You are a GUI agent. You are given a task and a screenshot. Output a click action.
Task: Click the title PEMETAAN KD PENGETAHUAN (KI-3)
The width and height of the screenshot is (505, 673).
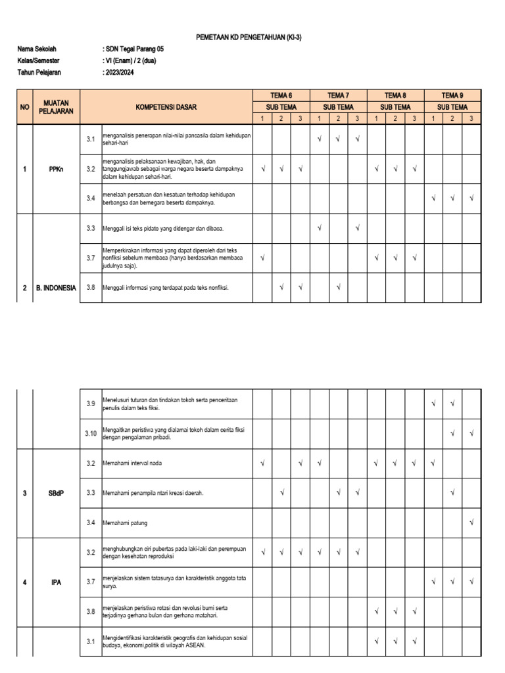(x=249, y=39)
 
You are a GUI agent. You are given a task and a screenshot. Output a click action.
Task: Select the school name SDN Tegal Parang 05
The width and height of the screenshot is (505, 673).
(x=134, y=49)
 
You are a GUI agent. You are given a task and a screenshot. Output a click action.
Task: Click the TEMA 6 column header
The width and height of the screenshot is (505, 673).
(x=281, y=95)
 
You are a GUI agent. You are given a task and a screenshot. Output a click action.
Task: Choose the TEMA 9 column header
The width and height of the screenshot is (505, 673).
(x=452, y=95)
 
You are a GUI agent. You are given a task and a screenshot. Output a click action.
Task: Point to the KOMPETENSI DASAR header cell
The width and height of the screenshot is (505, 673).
(x=166, y=106)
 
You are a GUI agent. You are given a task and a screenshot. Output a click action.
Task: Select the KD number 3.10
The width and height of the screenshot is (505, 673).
(x=90, y=433)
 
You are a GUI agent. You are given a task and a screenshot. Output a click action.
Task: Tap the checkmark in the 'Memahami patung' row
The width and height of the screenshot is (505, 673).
(x=471, y=522)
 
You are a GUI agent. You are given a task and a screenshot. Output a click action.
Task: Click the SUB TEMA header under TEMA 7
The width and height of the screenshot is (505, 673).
(x=338, y=106)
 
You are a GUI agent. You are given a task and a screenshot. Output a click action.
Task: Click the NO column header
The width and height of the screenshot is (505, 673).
(x=24, y=106)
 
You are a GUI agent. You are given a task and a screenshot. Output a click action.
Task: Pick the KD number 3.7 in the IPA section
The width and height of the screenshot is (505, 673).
(x=90, y=582)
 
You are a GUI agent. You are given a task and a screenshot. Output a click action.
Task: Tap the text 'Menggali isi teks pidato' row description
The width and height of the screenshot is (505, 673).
(x=162, y=228)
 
